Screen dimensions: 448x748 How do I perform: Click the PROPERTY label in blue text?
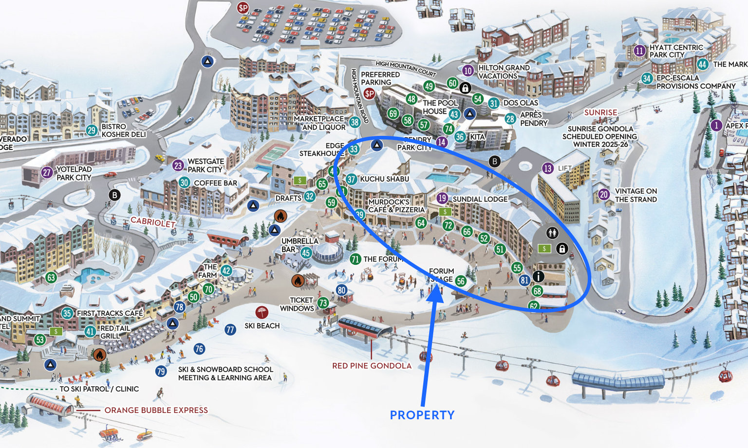click(422, 415)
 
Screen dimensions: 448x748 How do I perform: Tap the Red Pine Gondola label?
click(372, 366)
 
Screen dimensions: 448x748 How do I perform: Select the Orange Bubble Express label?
click(156, 411)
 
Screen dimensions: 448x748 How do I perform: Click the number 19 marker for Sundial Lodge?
click(442, 198)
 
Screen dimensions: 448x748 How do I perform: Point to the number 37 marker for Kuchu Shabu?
click(351, 179)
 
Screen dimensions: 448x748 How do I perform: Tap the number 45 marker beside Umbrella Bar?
click(306, 253)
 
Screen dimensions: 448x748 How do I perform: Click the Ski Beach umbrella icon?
click(262, 312)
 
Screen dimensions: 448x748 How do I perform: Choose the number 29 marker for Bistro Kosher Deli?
click(92, 131)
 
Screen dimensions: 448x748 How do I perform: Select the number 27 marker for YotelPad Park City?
click(47, 172)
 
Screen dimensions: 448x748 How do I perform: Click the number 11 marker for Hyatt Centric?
click(640, 51)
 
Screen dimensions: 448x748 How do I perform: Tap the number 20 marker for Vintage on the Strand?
click(604, 195)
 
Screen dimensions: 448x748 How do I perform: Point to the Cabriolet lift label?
click(152, 222)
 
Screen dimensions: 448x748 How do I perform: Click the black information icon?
click(538, 276)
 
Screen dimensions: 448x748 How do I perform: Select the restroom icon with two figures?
click(551, 233)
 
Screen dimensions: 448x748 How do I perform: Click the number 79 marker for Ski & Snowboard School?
click(161, 372)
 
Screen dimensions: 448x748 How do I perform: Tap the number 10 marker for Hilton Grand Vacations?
click(468, 71)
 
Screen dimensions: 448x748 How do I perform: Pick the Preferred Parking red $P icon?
click(370, 93)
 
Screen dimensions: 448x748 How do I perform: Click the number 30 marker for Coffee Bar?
click(184, 183)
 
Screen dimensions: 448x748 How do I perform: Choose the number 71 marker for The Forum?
click(355, 259)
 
